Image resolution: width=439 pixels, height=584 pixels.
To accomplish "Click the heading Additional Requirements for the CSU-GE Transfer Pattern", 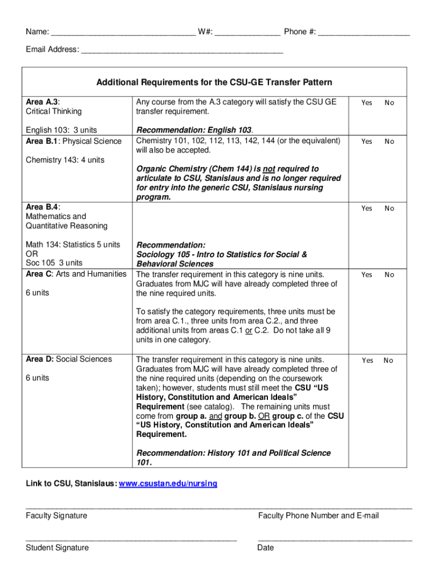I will click(214, 83).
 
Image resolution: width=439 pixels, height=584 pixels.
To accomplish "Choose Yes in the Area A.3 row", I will click(367, 103).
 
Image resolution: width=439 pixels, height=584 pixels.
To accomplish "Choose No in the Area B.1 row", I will click(389, 141).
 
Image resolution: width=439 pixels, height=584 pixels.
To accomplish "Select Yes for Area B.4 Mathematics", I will click(367, 209).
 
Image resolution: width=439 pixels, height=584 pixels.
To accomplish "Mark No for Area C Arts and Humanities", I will click(389, 275).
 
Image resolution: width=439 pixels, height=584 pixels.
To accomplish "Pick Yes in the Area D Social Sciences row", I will click(367, 360).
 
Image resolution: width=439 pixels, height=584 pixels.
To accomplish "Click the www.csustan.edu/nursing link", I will click(168, 484).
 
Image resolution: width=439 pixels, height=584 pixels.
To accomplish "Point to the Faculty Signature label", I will click(56, 516).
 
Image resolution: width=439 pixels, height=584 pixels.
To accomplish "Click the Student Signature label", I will click(57, 547).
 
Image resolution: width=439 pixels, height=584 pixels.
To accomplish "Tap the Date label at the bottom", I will click(266, 547).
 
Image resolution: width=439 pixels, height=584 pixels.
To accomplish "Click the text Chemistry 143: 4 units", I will click(65, 160).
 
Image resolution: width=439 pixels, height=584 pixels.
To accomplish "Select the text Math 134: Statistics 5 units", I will click(73, 245).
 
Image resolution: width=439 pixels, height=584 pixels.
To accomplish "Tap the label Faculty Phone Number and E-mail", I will click(318, 516).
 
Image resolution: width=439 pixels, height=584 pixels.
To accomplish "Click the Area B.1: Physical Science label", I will click(74, 141).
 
